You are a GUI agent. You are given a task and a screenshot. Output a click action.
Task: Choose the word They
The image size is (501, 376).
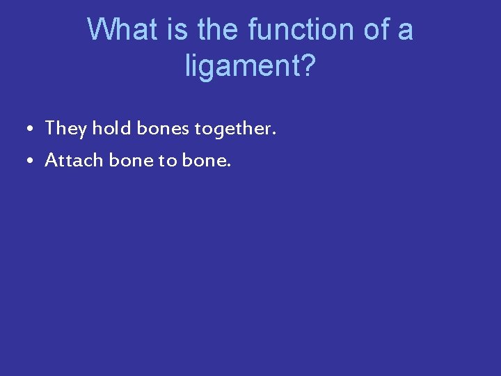tap(66, 129)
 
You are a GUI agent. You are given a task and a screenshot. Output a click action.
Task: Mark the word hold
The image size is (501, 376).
tap(113, 129)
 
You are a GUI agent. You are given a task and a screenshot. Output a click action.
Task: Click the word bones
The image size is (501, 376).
tap(164, 129)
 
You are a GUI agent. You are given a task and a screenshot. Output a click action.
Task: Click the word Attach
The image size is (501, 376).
tap(74, 161)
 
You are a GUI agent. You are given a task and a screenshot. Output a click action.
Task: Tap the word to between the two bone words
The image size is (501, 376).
tap(168, 161)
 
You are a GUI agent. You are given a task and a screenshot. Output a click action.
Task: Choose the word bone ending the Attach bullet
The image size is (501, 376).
tap(203, 161)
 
